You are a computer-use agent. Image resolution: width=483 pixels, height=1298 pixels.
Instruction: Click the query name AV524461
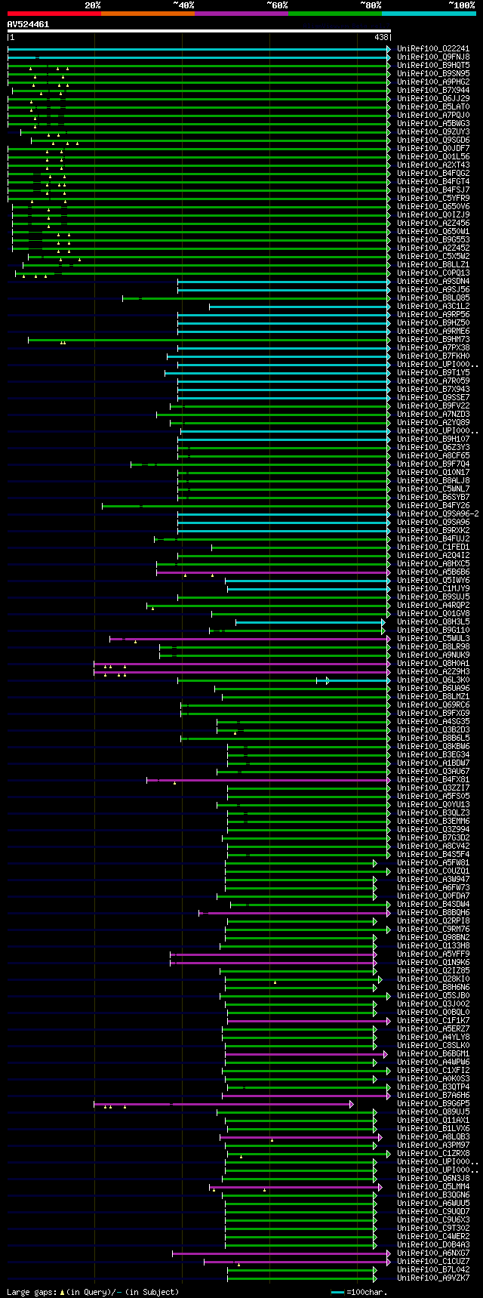tap(28, 24)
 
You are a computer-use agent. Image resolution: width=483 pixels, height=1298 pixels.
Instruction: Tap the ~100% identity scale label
tap(461, 5)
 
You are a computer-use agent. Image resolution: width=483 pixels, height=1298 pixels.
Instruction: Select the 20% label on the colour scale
tap(93, 5)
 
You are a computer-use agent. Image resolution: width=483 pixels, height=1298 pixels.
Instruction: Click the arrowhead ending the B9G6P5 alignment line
tap(352, 1104)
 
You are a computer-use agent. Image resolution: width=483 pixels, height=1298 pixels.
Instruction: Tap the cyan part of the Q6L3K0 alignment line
tap(358, 680)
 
